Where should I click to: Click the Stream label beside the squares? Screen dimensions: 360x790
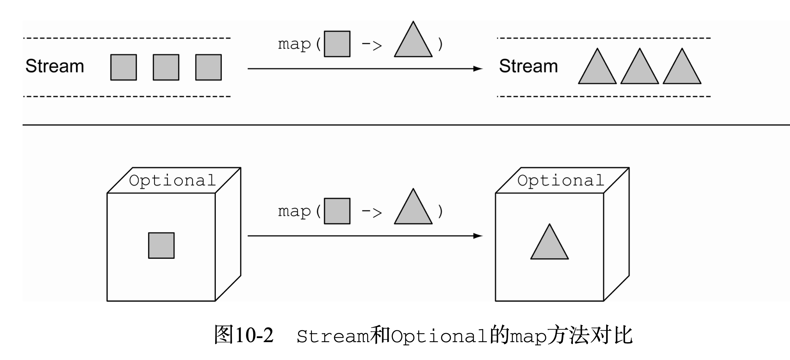pyautogui.click(x=55, y=66)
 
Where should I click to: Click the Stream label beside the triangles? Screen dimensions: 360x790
pyautogui.click(x=528, y=66)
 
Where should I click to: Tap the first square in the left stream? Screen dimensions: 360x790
pyautogui.click(x=124, y=67)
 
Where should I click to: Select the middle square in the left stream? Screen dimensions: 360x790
pyautogui.click(x=166, y=67)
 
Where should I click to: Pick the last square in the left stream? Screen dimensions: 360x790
pyautogui.click(x=208, y=67)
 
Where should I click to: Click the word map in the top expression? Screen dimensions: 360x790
pyautogui.click(x=294, y=45)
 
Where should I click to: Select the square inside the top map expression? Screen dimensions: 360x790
pyautogui.click(x=337, y=44)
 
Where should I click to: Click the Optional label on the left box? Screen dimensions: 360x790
pyautogui.click(x=172, y=181)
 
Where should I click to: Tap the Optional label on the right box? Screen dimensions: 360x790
pyautogui.click(x=561, y=181)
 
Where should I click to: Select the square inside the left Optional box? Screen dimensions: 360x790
pyautogui.click(x=161, y=246)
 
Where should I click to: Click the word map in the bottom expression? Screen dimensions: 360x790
pyautogui.click(x=294, y=212)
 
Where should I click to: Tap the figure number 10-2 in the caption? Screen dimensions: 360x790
pyautogui.click(x=254, y=335)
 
